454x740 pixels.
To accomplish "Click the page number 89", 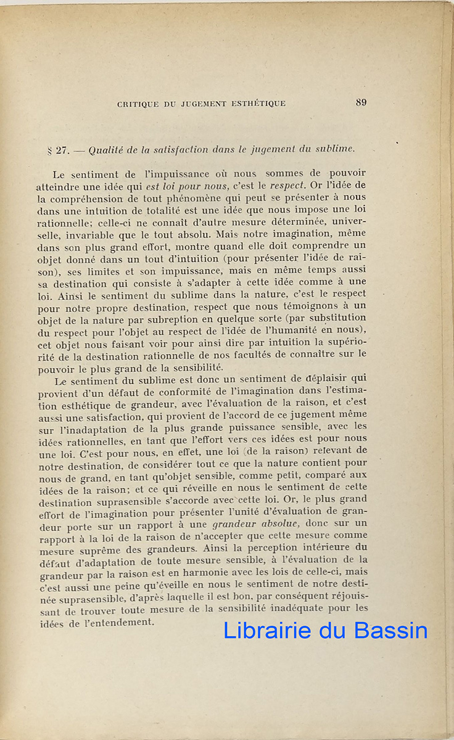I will tap(361, 102).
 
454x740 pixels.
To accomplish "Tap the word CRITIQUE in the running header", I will tap(136, 104).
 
